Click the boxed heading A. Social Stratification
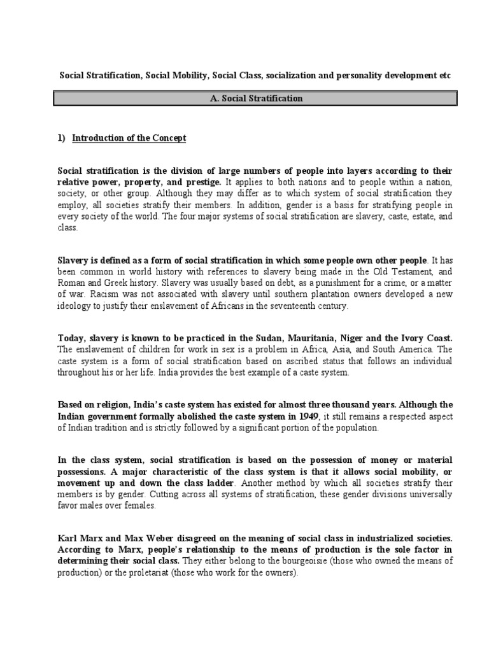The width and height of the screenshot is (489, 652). pyautogui.click(x=255, y=99)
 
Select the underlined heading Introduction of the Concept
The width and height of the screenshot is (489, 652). pyautogui.click(x=129, y=138)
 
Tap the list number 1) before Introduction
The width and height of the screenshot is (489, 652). pyautogui.click(x=62, y=138)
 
